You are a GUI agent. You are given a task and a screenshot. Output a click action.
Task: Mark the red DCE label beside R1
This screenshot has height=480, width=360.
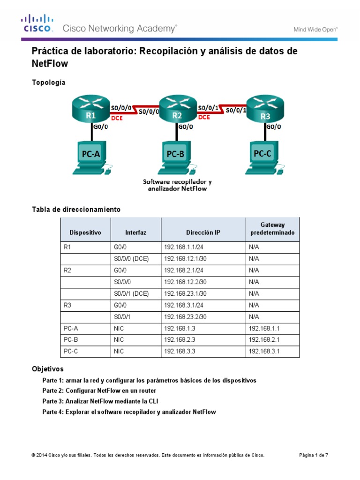pyautogui.click(x=117, y=119)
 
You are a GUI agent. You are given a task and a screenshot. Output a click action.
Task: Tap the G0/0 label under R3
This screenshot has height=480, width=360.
pyautogui.click(x=274, y=127)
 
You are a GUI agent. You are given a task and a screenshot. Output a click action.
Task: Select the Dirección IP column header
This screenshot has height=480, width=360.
pyautogui.click(x=202, y=232)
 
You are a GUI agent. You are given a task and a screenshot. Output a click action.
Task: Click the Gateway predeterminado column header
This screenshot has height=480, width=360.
pyautogui.click(x=272, y=229)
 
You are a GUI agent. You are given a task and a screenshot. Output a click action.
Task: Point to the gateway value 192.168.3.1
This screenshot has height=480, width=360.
pyautogui.click(x=264, y=351)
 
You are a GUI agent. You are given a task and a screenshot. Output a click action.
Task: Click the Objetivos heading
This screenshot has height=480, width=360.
pyautogui.click(x=47, y=369)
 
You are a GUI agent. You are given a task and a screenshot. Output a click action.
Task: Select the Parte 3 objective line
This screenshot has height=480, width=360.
pyautogui.click(x=103, y=401)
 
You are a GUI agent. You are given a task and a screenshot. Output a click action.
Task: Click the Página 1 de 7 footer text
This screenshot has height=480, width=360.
pyautogui.click(x=314, y=455)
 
